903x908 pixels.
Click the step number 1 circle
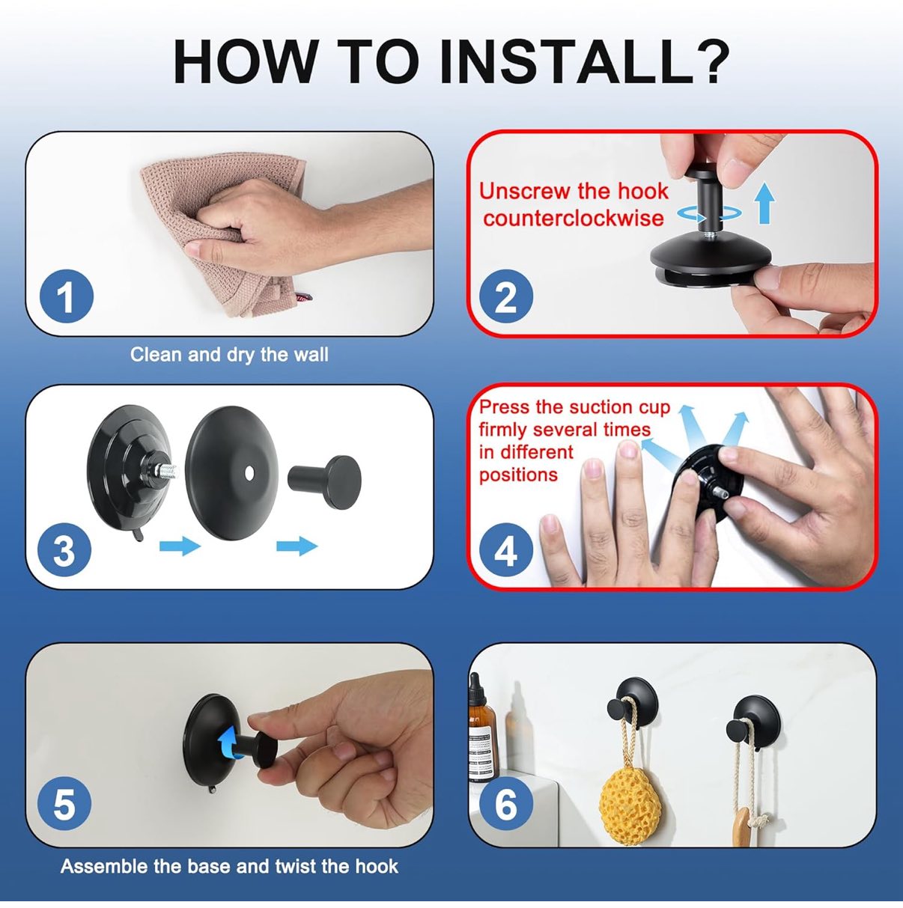click(x=66, y=296)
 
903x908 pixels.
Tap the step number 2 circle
click(x=506, y=296)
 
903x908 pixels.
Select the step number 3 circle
click(x=64, y=550)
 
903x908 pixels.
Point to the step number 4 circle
click(x=506, y=550)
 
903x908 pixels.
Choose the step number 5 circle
click(x=64, y=805)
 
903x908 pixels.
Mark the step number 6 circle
click(x=506, y=805)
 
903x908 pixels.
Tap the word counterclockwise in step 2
click(x=573, y=218)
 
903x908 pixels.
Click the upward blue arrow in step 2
click(x=764, y=203)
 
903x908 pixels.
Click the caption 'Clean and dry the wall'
click(x=229, y=354)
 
